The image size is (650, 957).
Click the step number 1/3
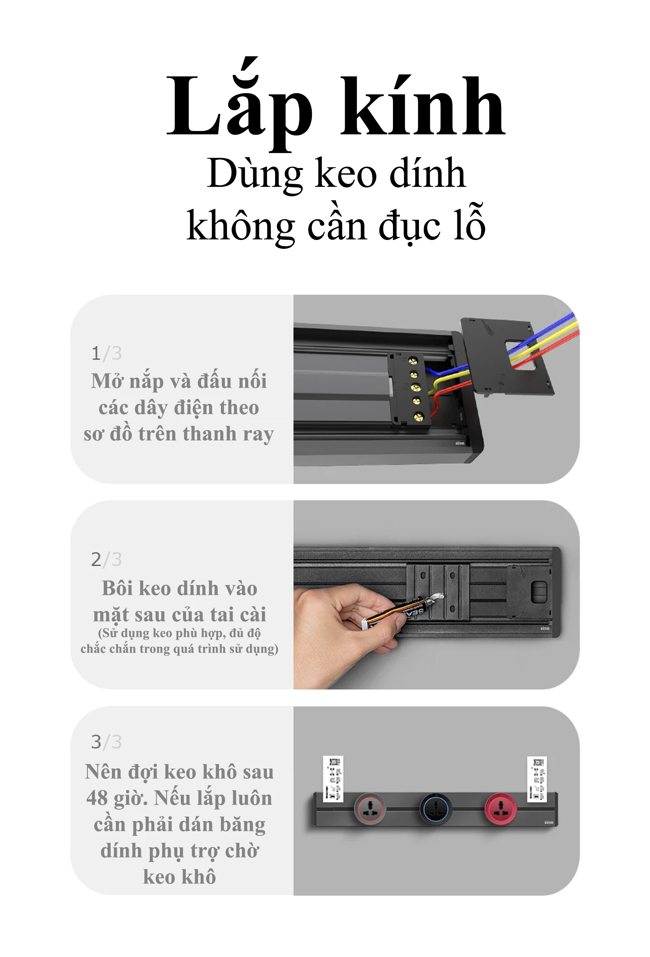[x=106, y=353]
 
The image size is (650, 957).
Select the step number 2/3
[x=106, y=559]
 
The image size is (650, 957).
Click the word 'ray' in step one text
[x=258, y=434]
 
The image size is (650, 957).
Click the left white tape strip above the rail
[x=333, y=779]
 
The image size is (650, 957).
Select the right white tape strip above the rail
[x=537, y=779]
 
